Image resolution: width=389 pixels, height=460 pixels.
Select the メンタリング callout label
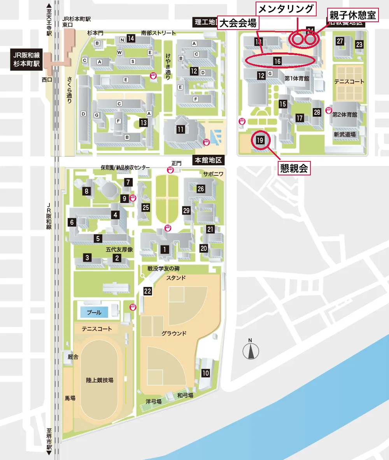click(x=286, y=9)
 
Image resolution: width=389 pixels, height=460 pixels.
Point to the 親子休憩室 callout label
click(x=352, y=16)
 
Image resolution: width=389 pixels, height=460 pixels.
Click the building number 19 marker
click(x=260, y=140)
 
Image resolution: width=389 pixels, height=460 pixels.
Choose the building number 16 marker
click(x=277, y=61)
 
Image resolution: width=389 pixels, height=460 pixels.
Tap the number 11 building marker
click(x=180, y=129)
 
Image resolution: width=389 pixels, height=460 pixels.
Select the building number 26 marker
click(x=201, y=189)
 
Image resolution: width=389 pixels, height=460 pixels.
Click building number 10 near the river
click(x=205, y=373)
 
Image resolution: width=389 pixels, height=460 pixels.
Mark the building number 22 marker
click(x=147, y=291)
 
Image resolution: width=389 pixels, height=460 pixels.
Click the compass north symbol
click(x=251, y=351)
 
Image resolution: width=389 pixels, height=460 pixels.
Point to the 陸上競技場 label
click(x=100, y=380)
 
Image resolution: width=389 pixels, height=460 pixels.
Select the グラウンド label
click(x=174, y=333)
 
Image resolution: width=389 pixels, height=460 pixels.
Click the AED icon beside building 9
click(x=132, y=198)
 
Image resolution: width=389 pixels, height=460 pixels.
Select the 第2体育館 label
click(x=344, y=115)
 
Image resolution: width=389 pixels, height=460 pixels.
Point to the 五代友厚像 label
click(x=119, y=250)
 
